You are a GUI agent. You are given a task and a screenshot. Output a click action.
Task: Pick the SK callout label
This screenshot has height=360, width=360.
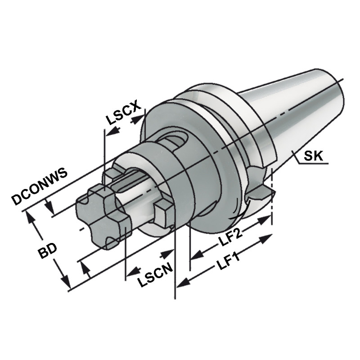pos(313,156)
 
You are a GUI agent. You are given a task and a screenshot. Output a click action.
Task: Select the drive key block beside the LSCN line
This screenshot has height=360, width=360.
pos(164,213)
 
